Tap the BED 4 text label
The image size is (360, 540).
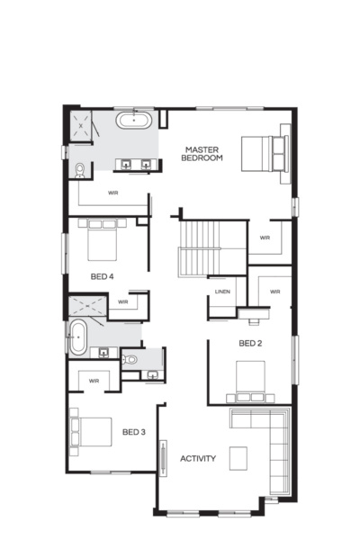pyautogui.click(x=103, y=276)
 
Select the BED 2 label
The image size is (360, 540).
pyautogui.click(x=250, y=344)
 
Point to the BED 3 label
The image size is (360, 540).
pyautogui.click(x=133, y=433)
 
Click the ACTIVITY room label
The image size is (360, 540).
pyautogui.click(x=198, y=459)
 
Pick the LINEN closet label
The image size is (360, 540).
pyautogui.click(x=221, y=291)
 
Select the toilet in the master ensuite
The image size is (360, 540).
pyautogui.click(x=79, y=169)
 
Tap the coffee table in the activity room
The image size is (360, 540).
pyautogui.click(x=238, y=457)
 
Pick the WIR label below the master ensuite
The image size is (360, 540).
pyautogui.click(x=113, y=193)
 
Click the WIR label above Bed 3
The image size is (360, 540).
pyautogui.click(x=94, y=381)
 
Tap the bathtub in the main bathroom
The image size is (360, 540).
pyautogui.click(x=77, y=337)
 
